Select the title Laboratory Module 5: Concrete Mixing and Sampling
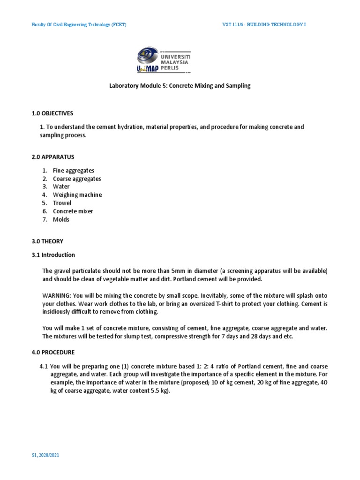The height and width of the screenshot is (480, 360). [180, 86]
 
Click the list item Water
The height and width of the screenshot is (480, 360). [61, 187]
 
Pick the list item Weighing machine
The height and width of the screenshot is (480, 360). [77, 195]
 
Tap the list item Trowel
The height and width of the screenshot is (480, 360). [62, 203]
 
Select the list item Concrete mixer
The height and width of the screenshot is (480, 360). [73, 211]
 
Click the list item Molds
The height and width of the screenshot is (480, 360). [61, 219]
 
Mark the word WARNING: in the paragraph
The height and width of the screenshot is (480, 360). [56, 295]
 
